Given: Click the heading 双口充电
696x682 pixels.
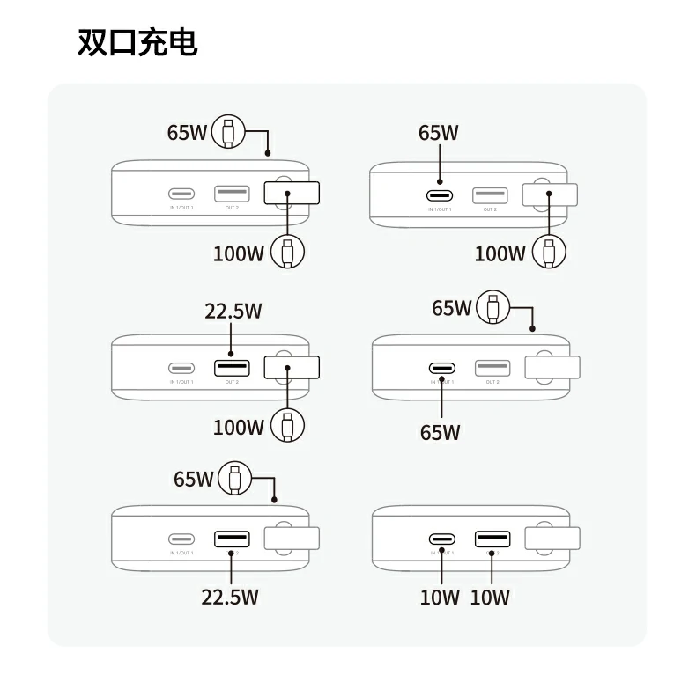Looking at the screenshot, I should tap(137, 41).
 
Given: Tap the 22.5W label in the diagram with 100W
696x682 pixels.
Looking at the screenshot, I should tap(233, 312).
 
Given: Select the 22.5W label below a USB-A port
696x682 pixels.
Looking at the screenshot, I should tap(230, 597).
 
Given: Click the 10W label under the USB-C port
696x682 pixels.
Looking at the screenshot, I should tap(440, 598).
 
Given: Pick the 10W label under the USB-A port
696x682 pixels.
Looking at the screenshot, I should tap(490, 598).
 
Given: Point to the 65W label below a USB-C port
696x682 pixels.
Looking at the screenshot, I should tap(440, 432).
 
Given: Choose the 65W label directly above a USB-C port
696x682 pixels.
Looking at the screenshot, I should tap(439, 133).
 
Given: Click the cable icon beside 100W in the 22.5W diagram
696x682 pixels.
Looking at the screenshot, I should tap(287, 426).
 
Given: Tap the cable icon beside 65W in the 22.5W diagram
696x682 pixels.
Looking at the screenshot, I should tap(234, 479).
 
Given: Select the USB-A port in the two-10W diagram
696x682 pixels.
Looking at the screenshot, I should tap(492, 539).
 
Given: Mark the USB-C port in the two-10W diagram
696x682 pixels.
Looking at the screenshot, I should tap(442, 539).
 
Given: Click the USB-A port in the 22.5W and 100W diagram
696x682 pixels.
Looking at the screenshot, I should tap(231, 367).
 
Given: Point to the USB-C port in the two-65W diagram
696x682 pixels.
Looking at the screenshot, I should tap(442, 368).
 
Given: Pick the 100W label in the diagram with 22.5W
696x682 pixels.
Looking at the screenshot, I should tap(239, 428).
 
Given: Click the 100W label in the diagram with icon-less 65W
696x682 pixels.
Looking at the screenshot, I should tap(500, 253).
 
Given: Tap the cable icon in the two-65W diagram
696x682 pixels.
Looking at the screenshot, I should tap(492, 308).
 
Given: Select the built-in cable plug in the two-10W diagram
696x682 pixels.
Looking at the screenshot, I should tap(552, 539).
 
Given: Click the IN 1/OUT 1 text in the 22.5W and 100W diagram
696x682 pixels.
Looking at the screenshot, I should tap(181, 382).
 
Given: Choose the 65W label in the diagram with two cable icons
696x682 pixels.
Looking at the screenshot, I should tap(187, 133).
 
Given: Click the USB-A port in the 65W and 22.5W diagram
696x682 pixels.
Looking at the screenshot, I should tap(231, 539).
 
